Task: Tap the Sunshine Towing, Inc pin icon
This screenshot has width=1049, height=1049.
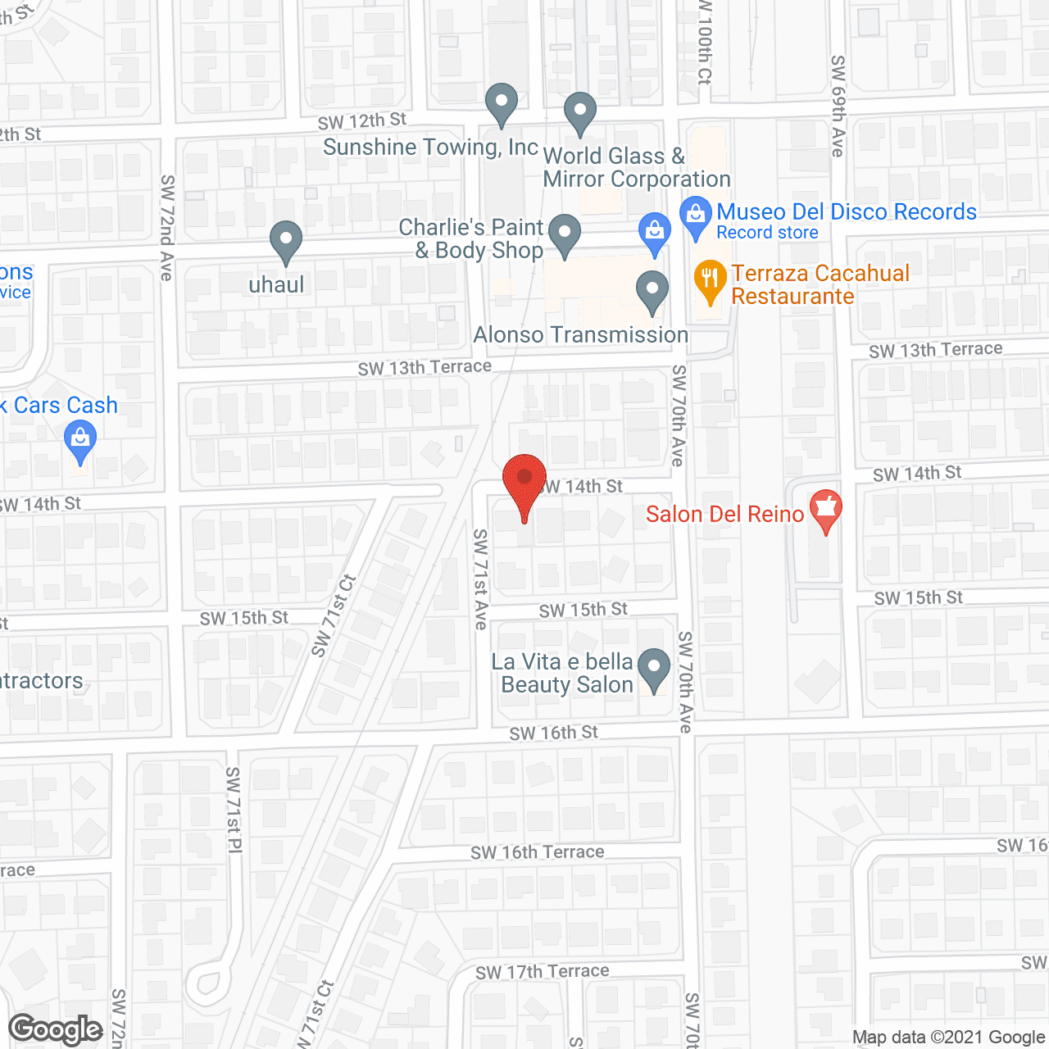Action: (x=501, y=104)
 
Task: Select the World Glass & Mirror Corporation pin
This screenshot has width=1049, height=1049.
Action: (x=580, y=112)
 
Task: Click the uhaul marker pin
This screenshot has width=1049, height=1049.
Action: (x=285, y=242)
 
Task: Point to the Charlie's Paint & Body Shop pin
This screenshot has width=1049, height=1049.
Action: (x=564, y=234)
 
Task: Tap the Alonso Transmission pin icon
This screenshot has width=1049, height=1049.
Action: (x=652, y=291)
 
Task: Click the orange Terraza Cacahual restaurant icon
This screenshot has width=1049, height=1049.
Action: (x=710, y=280)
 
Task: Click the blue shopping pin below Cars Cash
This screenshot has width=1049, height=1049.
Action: (x=80, y=441)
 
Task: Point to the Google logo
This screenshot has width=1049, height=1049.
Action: (x=56, y=1029)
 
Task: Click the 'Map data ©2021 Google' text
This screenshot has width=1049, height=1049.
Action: (x=948, y=1037)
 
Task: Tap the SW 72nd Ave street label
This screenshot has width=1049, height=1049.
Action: (x=167, y=227)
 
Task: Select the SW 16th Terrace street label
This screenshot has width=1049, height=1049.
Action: (x=538, y=852)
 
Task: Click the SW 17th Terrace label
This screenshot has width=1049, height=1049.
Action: (x=543, y=972)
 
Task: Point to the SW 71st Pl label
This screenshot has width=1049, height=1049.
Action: (x=234, y=810)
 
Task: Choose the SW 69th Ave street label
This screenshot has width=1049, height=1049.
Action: (x=838, y=106)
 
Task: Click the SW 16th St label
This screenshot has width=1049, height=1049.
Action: (x=554, y=733)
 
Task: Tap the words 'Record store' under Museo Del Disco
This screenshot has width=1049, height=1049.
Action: (x=767, y=233)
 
